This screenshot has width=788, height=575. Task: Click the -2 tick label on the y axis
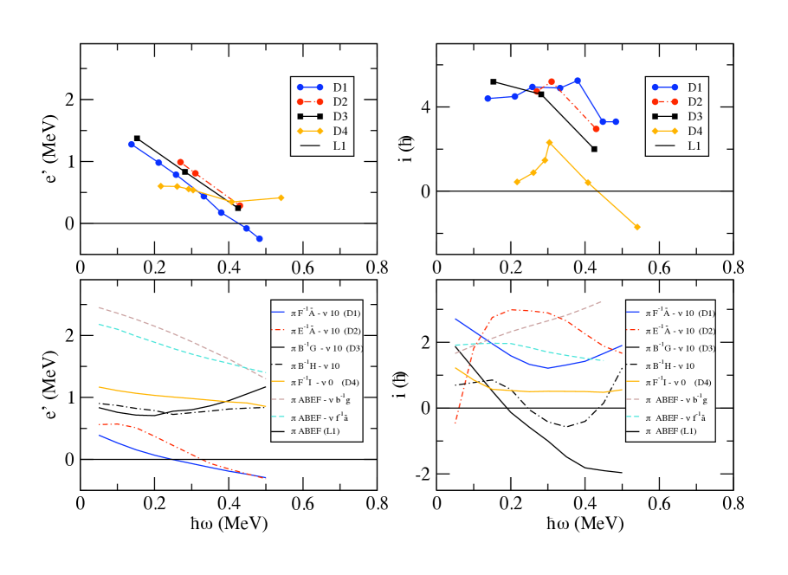[423, 475]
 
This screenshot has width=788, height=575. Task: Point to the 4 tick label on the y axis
[425, 107]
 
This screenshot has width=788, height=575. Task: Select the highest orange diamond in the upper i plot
[549, 142]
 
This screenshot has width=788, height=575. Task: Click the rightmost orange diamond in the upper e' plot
[281, 197]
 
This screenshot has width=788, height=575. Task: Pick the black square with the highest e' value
[137, 138]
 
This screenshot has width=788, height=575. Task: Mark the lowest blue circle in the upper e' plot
[259, 238]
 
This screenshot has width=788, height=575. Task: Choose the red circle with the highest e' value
[180, 162]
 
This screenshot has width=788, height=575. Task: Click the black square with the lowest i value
[594, 149]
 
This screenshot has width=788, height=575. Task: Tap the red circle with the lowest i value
[596, 128]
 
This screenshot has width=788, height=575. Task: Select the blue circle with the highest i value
[578, 81]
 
